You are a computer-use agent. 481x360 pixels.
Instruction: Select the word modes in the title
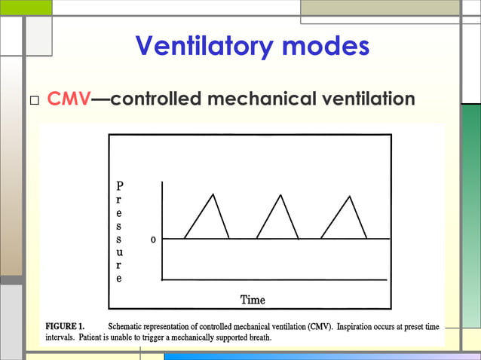click(326, 47)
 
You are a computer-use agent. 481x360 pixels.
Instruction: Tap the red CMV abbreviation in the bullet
click(69, 99)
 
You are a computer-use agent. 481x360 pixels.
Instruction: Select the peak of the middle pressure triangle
click(280, 195)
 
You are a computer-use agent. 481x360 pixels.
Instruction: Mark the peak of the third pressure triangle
click(348, 196)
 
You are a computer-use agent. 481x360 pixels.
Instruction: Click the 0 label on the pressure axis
click(154, 239)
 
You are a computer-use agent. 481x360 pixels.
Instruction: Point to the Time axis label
click(253, 301)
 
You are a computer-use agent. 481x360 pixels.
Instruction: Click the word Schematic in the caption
click(130, 326)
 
